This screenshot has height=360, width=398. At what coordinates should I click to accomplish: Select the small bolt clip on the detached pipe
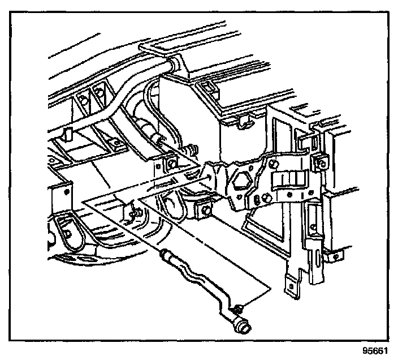click(238, 308)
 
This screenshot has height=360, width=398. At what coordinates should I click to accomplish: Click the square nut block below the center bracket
click(204, 211)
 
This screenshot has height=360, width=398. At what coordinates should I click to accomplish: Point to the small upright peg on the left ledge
click(67, 134)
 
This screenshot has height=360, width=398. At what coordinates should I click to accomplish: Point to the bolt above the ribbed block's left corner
click(274, 165)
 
